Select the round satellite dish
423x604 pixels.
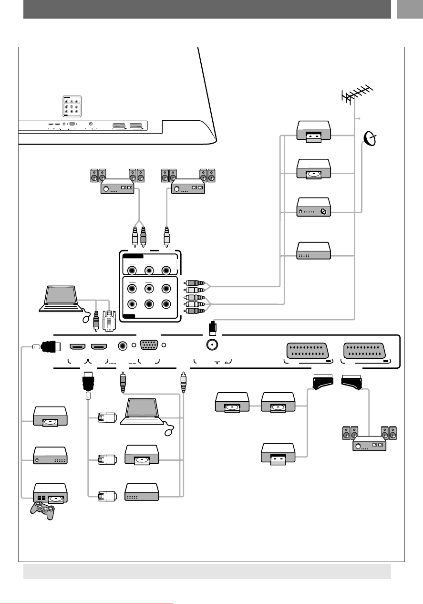[369, 139]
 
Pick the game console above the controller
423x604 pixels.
[50, 494]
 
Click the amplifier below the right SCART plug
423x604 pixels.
[369, 445]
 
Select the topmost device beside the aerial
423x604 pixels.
[313, 132]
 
